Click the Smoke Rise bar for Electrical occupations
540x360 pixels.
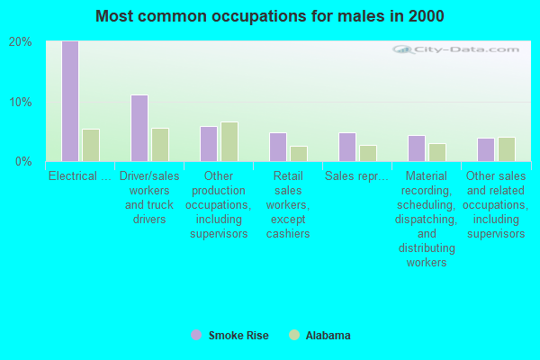pyautogui.click(x=69, y=101)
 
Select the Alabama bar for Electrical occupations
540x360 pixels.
pyautogui.click(x=90, y=145)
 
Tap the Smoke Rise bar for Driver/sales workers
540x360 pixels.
pyautogui.click(x=139, y=128)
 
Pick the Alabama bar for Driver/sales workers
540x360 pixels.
pyautogui.click(x=159, y=144)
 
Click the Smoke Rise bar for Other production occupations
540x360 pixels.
pyautogui.click(x=208, y=144)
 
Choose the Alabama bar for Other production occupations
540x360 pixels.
pyautogui.click(x=229, y=141)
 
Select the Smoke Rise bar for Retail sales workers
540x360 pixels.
pyautogui.click(x=277, y=147)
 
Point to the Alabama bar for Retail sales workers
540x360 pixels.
pyautogui.click(x=298, y=153)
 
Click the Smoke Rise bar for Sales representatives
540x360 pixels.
pyautogui.click(x=346, y=147)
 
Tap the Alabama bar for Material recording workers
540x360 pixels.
pyautogui.click(x=436, y=152)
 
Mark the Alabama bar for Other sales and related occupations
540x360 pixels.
pyautogui.click(x=506, y=149)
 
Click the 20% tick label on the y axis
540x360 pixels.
pyautogui.click(x=21, y=42)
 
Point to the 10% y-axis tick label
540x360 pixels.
pyautogui.click(x=21, y=102)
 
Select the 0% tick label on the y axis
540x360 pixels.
pyautogui.click(x=24, y=162)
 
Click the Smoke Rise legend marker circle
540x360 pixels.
pyautogui.click(x=196, y=335)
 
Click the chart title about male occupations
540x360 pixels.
pyautogui.click(x=270, y=16)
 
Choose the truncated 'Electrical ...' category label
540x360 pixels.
pyautogui.click(x=79, y=176)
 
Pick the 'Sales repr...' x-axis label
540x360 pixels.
pyautogui.click(x=357, y=176)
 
